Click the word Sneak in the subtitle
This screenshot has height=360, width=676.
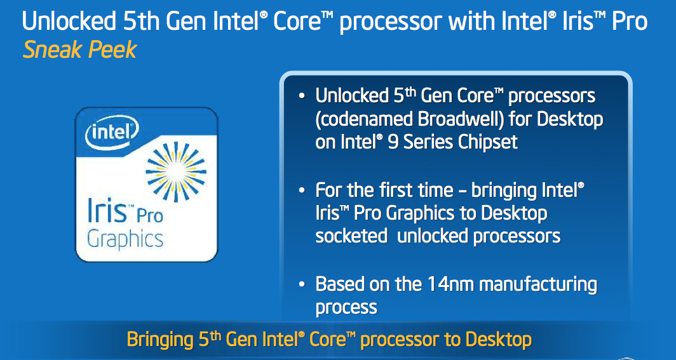coord(51,50)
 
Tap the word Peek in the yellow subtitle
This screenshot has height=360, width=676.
coord(112,50)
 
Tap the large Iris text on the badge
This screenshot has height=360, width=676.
coord(105,210)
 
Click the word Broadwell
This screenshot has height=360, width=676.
coord(461,120)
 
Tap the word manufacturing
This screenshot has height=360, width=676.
coord(538,285)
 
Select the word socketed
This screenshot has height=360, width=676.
coord(352,236)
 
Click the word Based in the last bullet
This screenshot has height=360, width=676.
coord(341,284)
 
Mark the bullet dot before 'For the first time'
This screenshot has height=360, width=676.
coord(302,190)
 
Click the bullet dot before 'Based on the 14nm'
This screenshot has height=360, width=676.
coord(302,284)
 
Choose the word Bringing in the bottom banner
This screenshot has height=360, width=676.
coord(160,340)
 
